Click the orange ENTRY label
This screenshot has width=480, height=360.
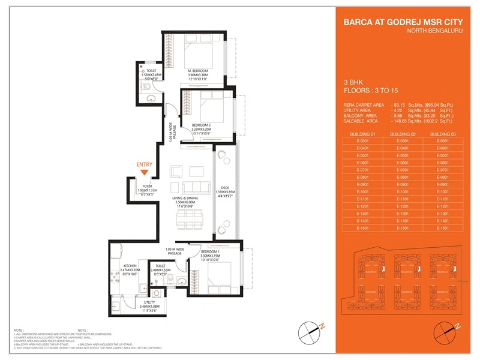[x=145, y=164]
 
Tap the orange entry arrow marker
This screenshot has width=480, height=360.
[x=145, y=173]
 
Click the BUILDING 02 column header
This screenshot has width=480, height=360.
[x=402, y=134]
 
